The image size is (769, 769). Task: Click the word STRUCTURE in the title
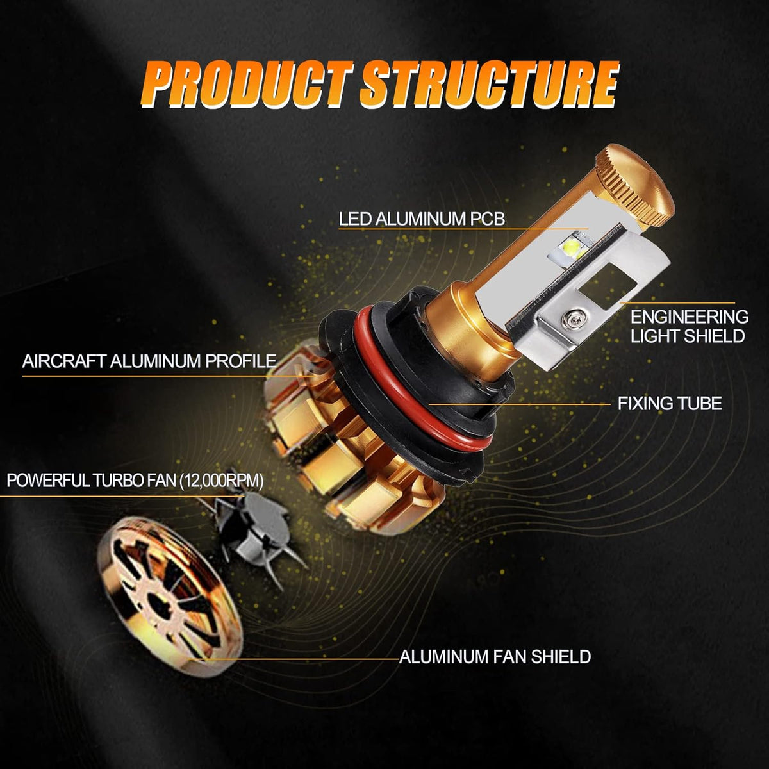point(489,85)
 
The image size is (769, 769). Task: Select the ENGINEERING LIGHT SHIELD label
point(689,326)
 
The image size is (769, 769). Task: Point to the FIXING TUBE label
point(670,404)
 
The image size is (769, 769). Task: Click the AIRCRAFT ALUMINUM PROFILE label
point(149,361)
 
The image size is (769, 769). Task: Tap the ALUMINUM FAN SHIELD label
point(495,656)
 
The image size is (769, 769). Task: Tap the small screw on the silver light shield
point(569,318)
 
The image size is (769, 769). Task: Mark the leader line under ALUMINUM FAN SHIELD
point(294,659)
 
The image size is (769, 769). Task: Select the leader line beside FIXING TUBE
point(519,404)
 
